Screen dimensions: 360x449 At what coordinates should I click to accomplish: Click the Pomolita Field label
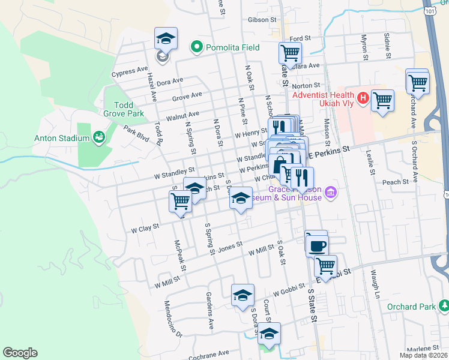click(x=231, y=46)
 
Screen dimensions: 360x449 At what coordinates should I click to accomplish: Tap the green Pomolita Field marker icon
click(x=196, y=46)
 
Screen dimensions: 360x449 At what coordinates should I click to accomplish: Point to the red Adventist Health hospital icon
click(x=362, y=97)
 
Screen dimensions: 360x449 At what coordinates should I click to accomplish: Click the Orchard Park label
click(x=411, y=307)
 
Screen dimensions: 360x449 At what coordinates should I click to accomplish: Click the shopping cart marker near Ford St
click(x=291, y=53)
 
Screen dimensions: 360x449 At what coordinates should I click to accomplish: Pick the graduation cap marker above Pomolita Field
click(x=166, y=40)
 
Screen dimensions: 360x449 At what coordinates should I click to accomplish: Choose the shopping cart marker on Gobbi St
click(x=325, y=265)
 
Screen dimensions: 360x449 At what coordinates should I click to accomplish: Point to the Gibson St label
click(x=261, y=19)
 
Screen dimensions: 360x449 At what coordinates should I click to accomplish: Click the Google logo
click(x=20, y=353)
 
